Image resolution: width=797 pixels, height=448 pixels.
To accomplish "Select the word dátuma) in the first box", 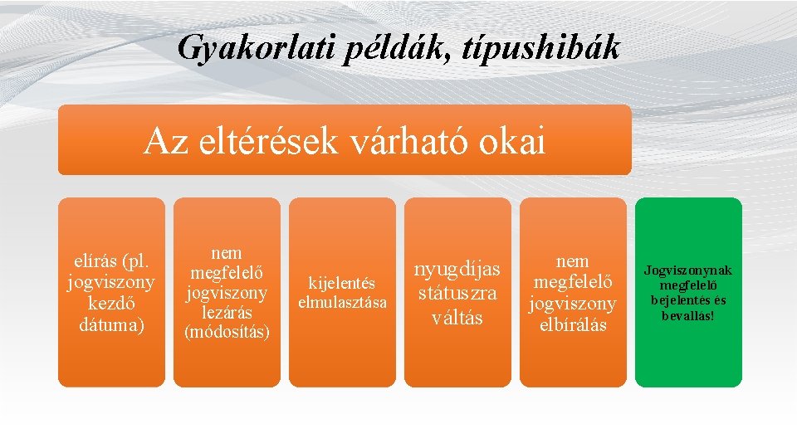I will pos(111,325).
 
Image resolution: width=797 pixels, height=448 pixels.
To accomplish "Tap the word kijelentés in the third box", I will pos(342,284).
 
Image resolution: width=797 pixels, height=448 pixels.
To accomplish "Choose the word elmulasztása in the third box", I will pos(342,303).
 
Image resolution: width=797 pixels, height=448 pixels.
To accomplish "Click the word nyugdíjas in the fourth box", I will pos(457,270).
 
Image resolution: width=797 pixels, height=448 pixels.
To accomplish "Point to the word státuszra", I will pos(457,293).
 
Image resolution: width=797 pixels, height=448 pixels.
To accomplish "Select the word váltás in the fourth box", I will pos(457,317).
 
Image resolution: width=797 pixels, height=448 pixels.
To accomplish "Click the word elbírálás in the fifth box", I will pos(573,324).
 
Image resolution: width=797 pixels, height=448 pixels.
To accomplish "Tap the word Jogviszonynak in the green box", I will pos(688,270).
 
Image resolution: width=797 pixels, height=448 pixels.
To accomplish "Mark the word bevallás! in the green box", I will pos(688,315).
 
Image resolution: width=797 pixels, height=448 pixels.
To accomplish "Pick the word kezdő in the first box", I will pos(111,305).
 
